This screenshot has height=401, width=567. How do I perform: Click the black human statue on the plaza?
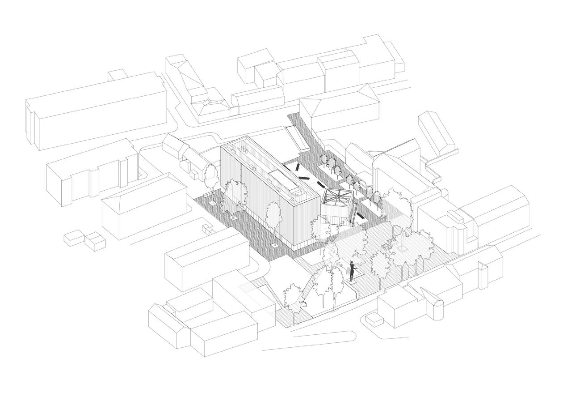(352, 271)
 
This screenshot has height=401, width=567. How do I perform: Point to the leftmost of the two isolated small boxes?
(74, 237)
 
